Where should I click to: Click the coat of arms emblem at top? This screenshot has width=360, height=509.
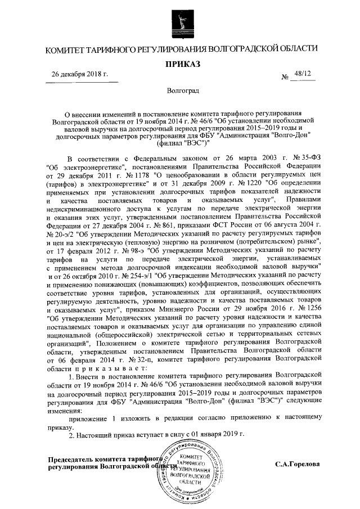point(179,21)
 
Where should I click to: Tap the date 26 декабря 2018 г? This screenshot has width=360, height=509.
point(79,74)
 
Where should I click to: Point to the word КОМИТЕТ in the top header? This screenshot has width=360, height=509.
point(66,49)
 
